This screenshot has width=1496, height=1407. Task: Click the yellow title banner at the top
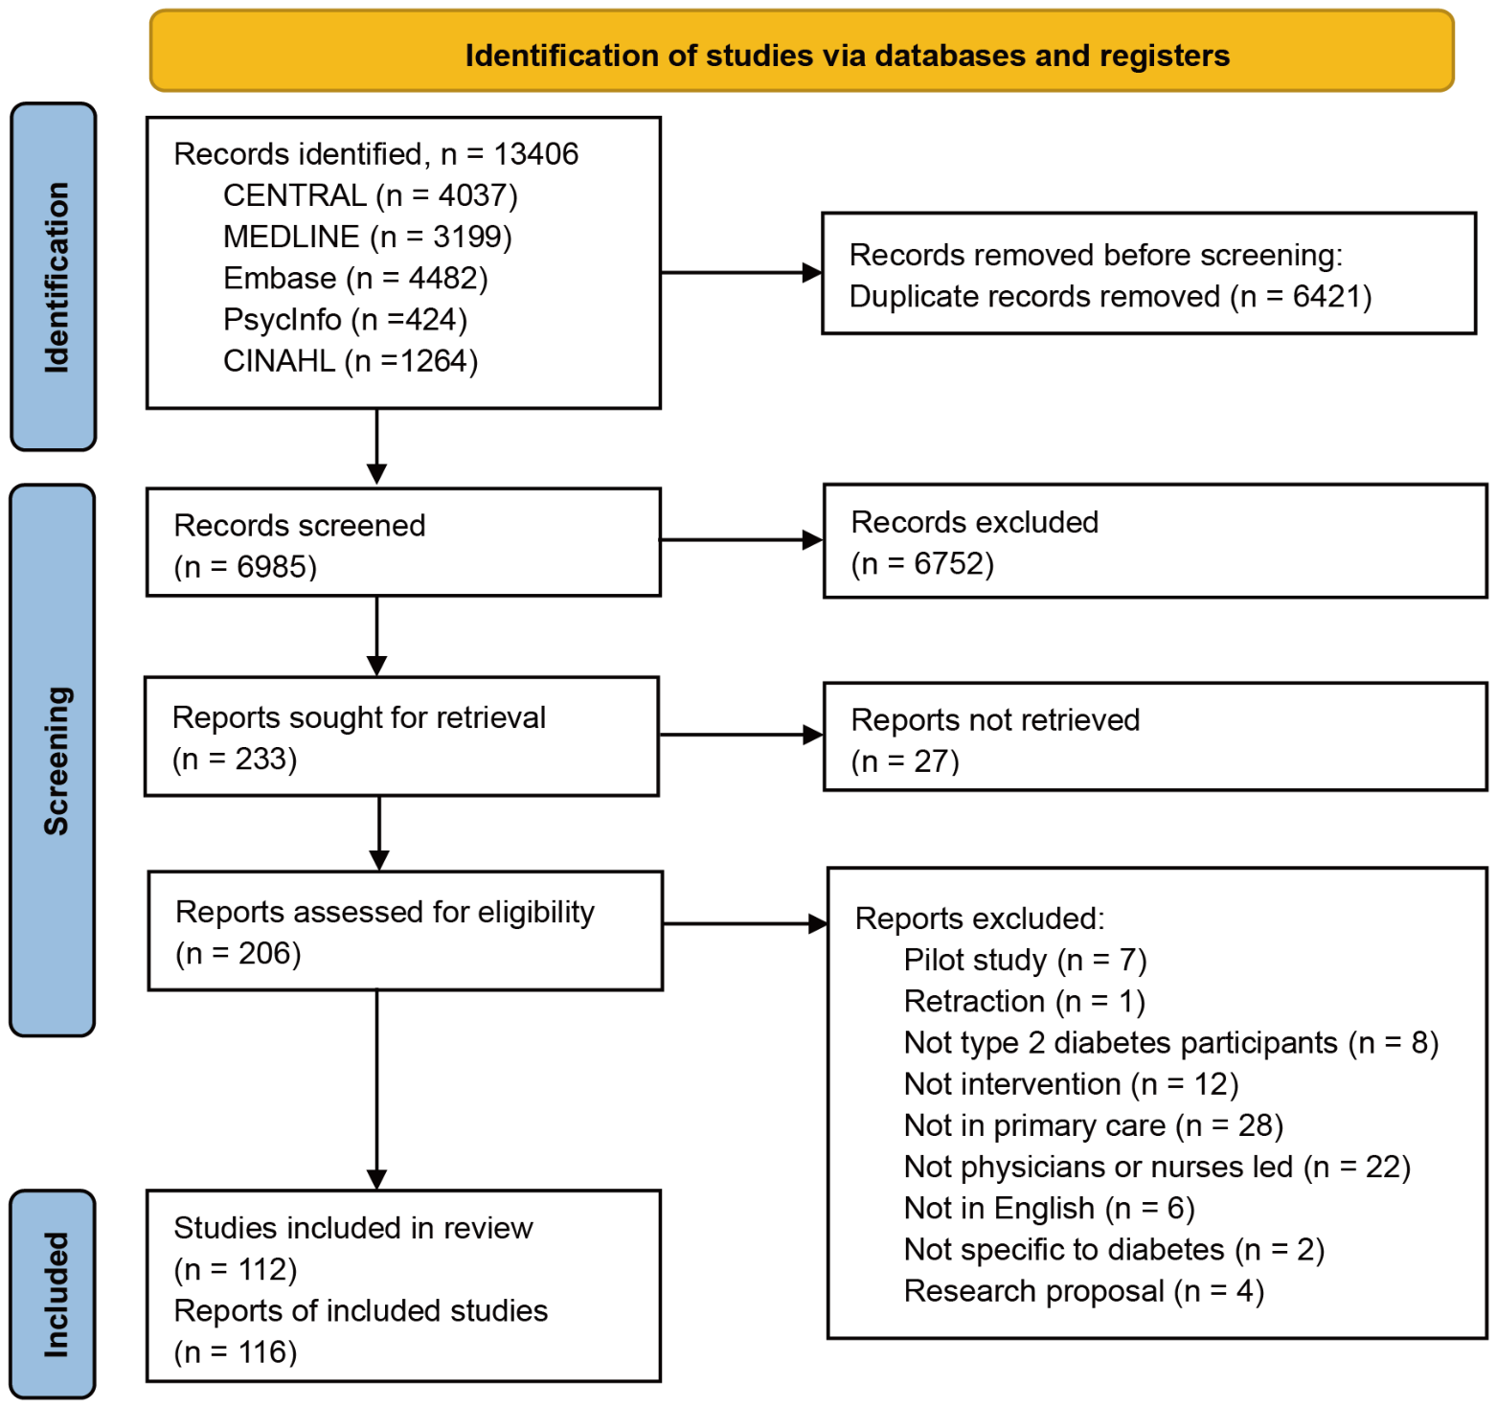(x=802, y=51)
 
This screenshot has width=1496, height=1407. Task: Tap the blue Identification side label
(x=54, y=277)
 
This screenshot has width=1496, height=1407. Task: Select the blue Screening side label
(x=53, y=760)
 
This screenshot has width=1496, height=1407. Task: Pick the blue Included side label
(x=53, y=1294)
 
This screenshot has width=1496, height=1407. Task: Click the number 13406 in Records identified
(x=536, y=154)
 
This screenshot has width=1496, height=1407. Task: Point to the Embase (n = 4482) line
(x=355, y=279)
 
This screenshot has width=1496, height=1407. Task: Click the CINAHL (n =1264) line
(x=351, y=361)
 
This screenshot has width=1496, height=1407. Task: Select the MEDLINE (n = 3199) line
(x=368, y=237)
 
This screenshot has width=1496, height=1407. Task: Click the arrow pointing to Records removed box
(x=741, y=273)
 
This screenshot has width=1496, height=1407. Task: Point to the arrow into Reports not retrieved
(x=741, y=736)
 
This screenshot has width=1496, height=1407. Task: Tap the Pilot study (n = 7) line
(x=1025, y=960)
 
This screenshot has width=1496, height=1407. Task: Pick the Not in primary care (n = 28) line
(x=1094, y=1125)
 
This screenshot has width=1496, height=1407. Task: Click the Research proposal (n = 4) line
(x=1084, y=1291)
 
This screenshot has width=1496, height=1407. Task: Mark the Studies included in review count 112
(x=263, y=1270)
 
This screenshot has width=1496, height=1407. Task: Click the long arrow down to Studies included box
(x=377, y=1090)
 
